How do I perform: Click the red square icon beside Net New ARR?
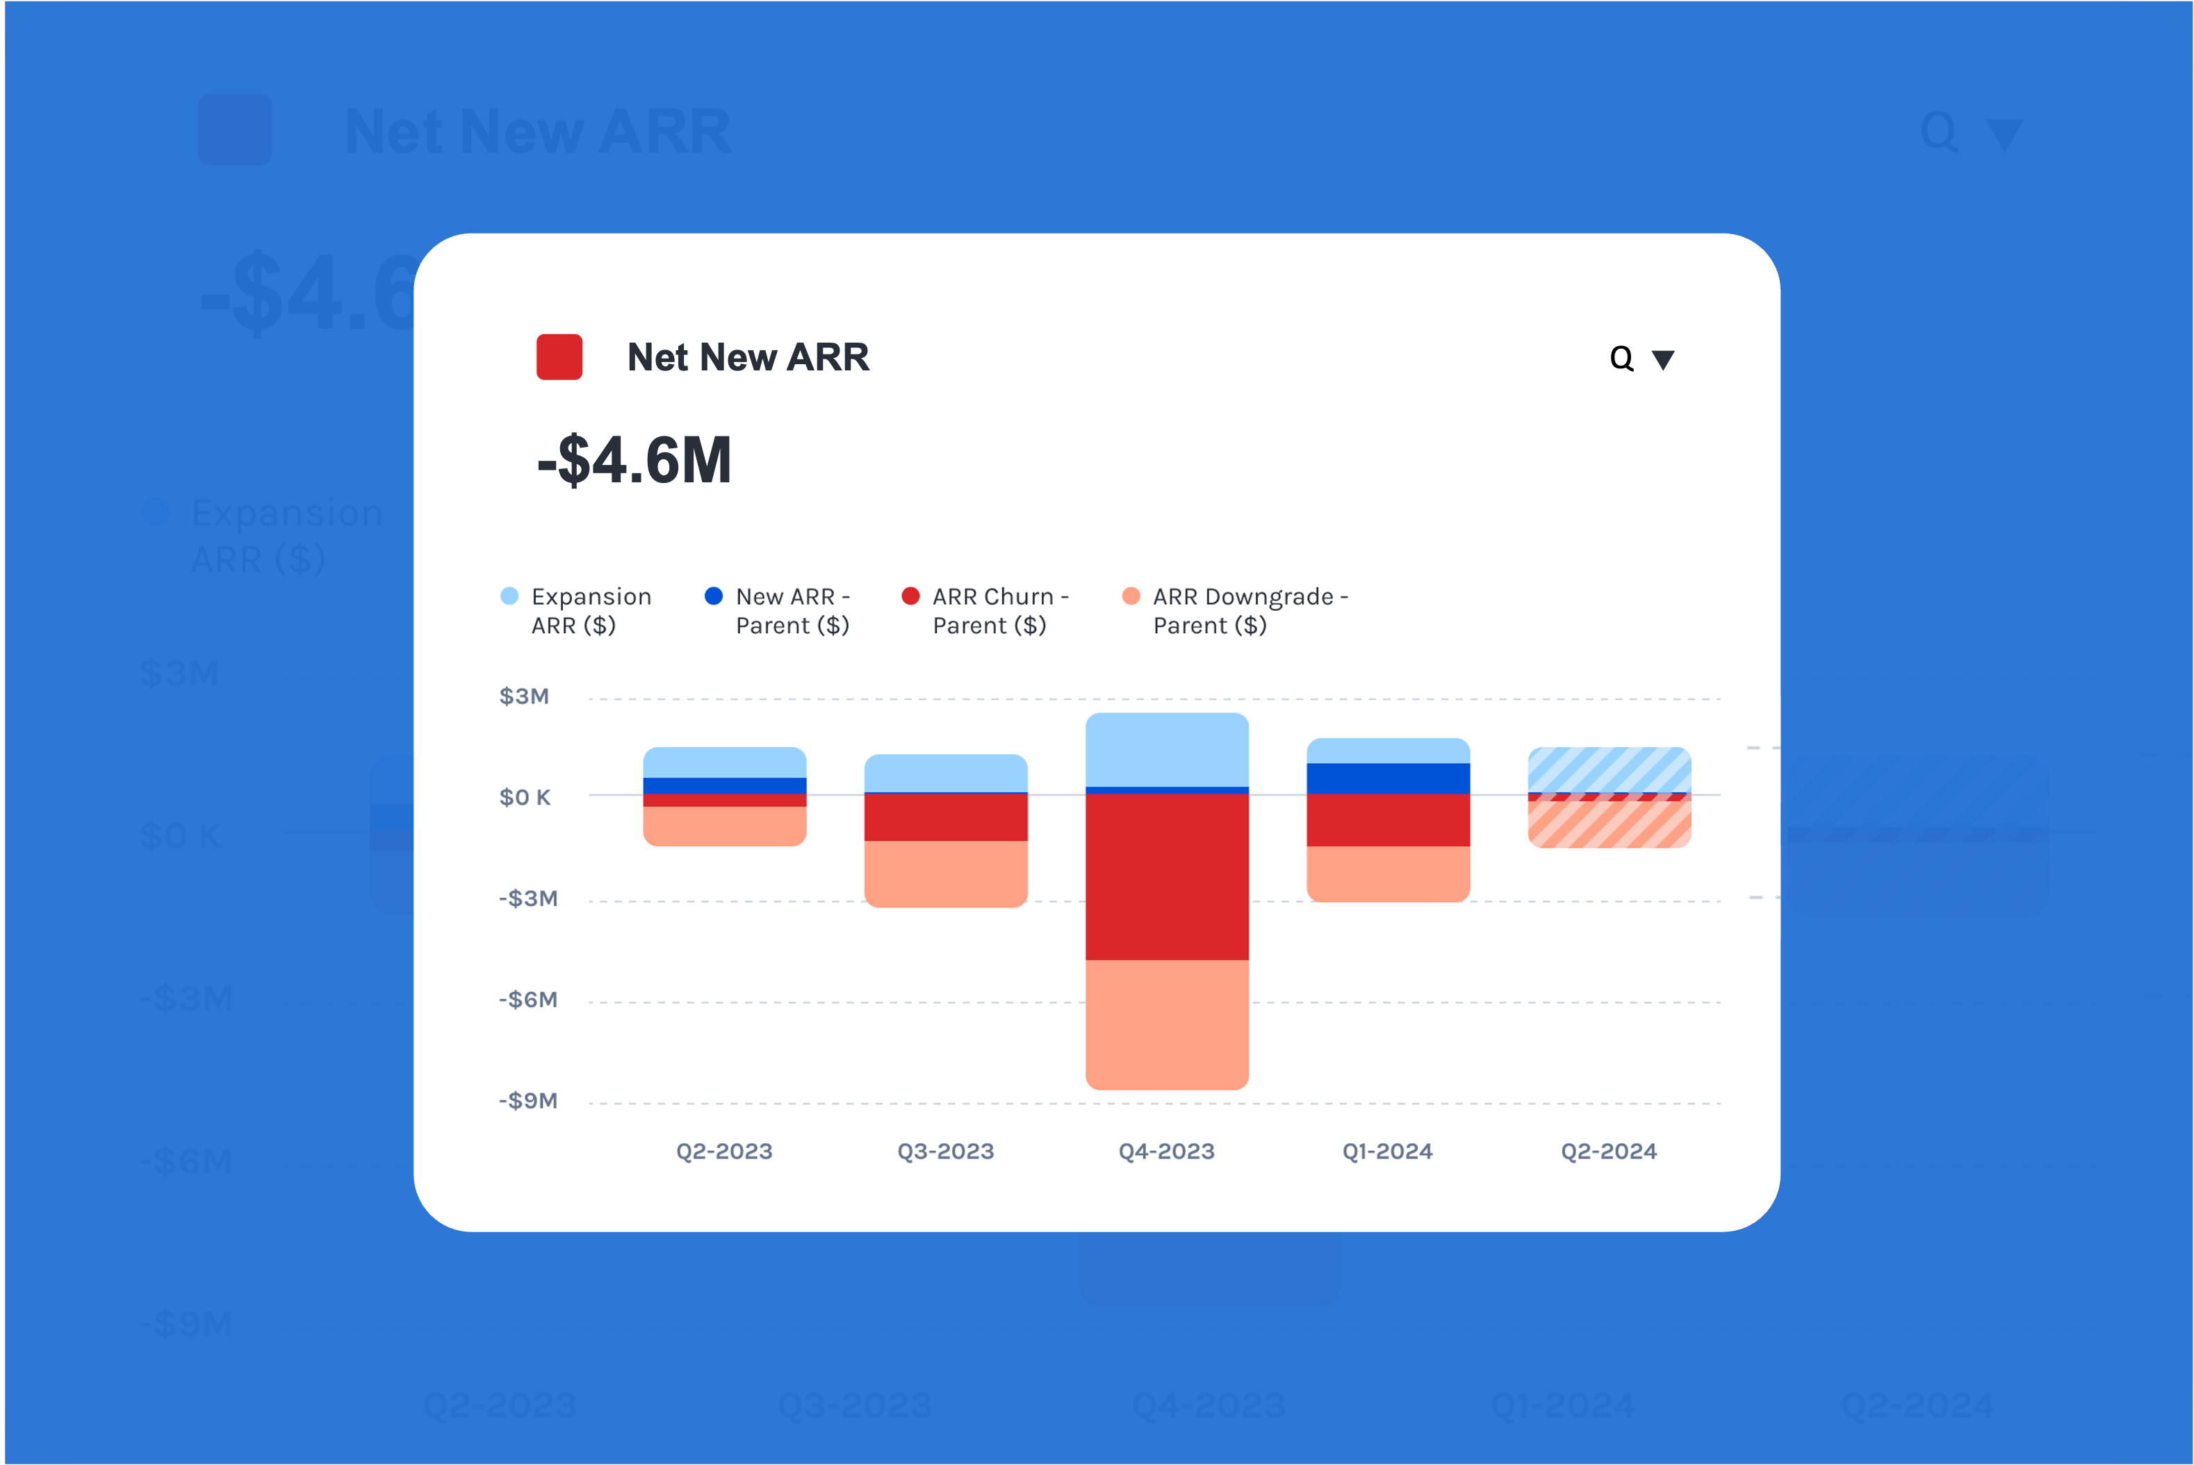(x=559, y=357)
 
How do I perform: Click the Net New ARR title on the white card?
(x=748, y=357)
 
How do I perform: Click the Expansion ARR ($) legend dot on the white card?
(x=509, y=596)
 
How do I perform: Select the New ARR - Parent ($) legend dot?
(x=714, y=596)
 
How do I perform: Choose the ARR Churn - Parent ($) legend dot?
(x=910, y=596)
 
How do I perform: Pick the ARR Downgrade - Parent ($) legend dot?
(x=1131, y=596)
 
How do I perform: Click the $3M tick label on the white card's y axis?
(x=524, y=696)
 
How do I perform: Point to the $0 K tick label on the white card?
(x=525, y=797)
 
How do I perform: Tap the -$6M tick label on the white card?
(x=527, y=999)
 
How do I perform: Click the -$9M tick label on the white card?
(x=527, y=1101)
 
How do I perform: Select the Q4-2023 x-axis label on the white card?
(x=1167, y=1151)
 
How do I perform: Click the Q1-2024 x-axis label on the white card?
(x=1387, y=1151)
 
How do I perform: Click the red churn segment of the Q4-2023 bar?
(x=1167, y=876)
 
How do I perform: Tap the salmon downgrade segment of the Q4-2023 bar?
(x=1167, y=1024)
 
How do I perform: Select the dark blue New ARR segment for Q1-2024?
(x=1388, y=778)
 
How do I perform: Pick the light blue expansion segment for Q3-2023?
(x=945, y=773)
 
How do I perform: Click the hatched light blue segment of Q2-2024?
(x=1608, y=769)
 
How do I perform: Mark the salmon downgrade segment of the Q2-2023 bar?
(x=725, y=826)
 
